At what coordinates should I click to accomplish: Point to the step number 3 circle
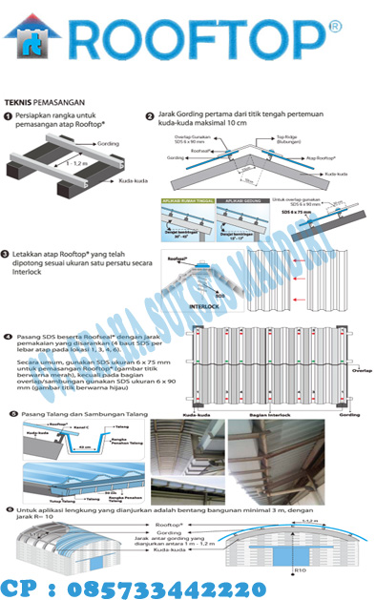tap(8, 256)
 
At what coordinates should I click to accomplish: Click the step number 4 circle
tap(9, 337)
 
